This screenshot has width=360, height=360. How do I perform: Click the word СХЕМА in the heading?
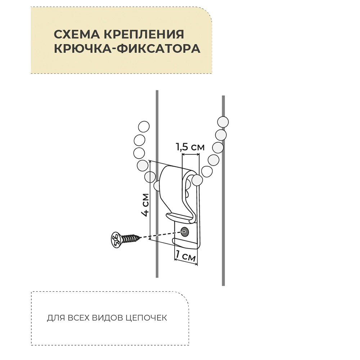tap(76, 35)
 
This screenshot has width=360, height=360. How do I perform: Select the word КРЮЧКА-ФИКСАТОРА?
tap(127, 49)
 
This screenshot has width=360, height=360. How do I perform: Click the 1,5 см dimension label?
tap(190, 147)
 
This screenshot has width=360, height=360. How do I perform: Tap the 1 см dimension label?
tap(185, 257)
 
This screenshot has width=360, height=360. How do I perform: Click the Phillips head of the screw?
tap(116, 239)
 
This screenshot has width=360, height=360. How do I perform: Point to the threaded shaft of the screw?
tap(130, 238)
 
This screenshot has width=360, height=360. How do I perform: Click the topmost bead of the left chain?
tap(144, 127)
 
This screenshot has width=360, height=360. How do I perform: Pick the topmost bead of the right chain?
tap(223, 122)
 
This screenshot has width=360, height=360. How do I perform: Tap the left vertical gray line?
tap(157, 108)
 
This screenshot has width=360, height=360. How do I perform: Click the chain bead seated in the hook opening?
tap(197, 180)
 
